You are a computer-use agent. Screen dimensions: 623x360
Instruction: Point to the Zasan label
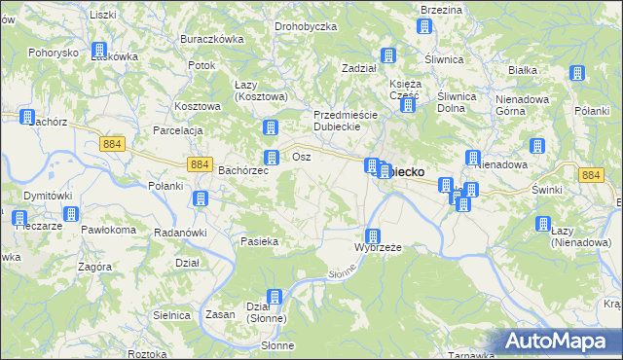point(217,314)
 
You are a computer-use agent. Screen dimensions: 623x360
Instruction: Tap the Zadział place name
point(359,68)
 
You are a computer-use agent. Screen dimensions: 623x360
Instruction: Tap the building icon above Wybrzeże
point(372,235)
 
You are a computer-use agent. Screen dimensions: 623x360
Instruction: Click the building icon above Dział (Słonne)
point(274,296)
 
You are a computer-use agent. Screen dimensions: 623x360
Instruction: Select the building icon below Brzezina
point(423,26)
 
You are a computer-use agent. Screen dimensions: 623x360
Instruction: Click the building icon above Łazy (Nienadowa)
point(543,224)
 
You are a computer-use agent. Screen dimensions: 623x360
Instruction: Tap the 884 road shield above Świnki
point(590,175)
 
